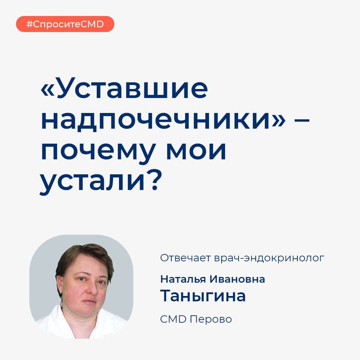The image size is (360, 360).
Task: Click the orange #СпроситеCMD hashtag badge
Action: pos(65,24)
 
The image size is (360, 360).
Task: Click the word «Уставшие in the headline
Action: pos(124,88)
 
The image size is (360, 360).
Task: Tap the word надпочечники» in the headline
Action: pos(163,120)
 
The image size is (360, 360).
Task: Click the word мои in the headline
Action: pos(196,151)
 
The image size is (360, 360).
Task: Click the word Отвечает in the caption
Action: pos(185,258)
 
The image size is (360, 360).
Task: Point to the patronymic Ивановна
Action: pos(237,279)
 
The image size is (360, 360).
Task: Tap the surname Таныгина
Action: pos(203,296)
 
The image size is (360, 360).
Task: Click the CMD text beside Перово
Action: pos(173,319)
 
